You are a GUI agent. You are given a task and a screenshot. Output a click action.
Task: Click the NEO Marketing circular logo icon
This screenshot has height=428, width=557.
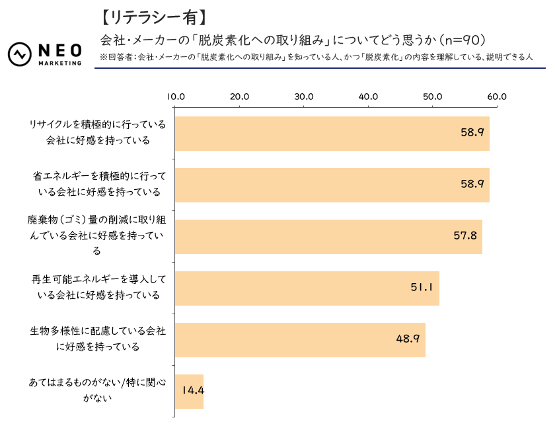point(20,55)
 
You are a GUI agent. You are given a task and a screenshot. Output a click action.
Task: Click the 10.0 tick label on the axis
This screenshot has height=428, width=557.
point(175,97)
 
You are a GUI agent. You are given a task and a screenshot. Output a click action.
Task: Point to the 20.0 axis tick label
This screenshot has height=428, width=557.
point(239,97)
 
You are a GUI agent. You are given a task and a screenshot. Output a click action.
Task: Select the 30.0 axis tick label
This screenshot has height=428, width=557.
point(303,97)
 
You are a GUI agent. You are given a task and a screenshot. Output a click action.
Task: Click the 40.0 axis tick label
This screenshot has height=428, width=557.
point(368,97)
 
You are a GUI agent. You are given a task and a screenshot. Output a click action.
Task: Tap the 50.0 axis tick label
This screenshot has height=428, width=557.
point(432,97)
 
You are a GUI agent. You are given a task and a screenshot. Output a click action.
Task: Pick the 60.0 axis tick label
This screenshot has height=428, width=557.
point(496,97)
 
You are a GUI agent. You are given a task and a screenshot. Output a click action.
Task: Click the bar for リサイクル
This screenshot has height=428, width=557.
point(332,134)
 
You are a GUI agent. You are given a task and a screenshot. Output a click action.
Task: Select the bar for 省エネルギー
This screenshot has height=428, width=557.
point(332,185)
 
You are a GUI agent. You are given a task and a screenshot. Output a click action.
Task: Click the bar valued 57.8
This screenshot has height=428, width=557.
point(328,237)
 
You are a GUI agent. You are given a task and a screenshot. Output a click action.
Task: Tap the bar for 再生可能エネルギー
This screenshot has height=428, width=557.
point(307,288)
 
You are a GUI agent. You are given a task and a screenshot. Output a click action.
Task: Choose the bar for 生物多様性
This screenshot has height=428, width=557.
point(300,340)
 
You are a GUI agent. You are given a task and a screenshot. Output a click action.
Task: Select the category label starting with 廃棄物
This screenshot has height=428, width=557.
point(97,235)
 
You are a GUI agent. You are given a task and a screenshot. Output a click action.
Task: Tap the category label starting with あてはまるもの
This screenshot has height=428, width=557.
point(97,390)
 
